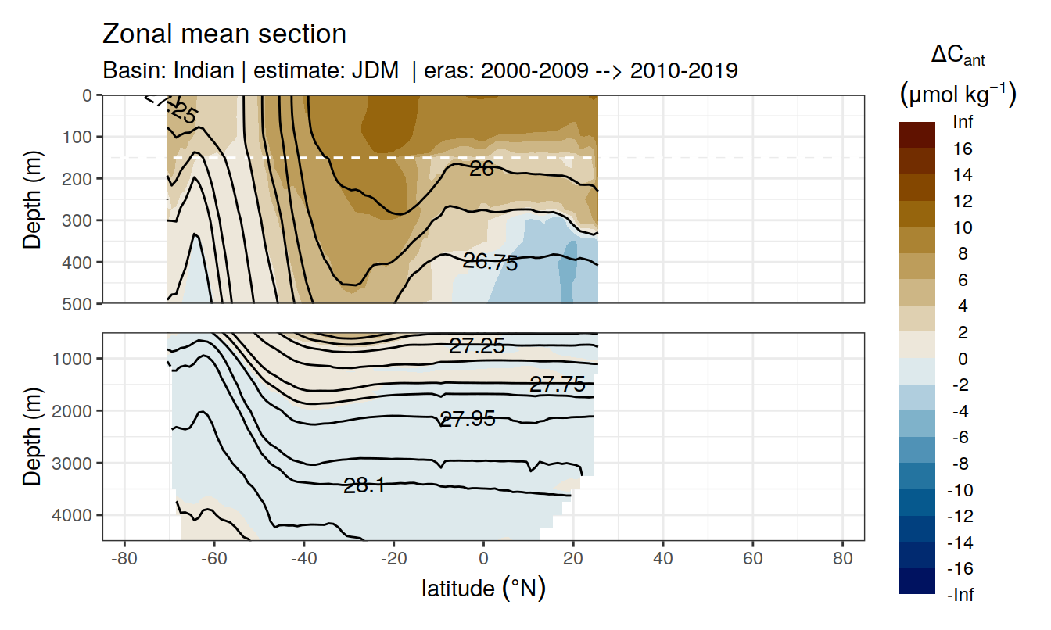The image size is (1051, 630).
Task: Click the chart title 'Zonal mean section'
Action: coord(224,34)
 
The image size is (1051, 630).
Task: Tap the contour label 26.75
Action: coord(490,263)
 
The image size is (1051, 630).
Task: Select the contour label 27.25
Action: coord(477,345)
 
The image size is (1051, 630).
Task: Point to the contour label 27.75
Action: coord(557,384)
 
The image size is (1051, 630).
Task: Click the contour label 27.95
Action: coord(468,419)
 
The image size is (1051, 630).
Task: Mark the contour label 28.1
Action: coord(364,485)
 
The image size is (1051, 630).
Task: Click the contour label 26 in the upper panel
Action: coord(482,167)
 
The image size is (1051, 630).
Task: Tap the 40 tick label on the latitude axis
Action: coord(663,560)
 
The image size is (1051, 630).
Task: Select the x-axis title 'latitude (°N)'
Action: coord(483,588)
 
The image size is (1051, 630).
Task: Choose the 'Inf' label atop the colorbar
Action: coord(962,122)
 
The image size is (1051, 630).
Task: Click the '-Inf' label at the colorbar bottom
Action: coord(962,595)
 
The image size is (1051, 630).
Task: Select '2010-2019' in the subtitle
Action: coord(684,70)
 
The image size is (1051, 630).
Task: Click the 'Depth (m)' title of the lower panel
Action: coord(32,435)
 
